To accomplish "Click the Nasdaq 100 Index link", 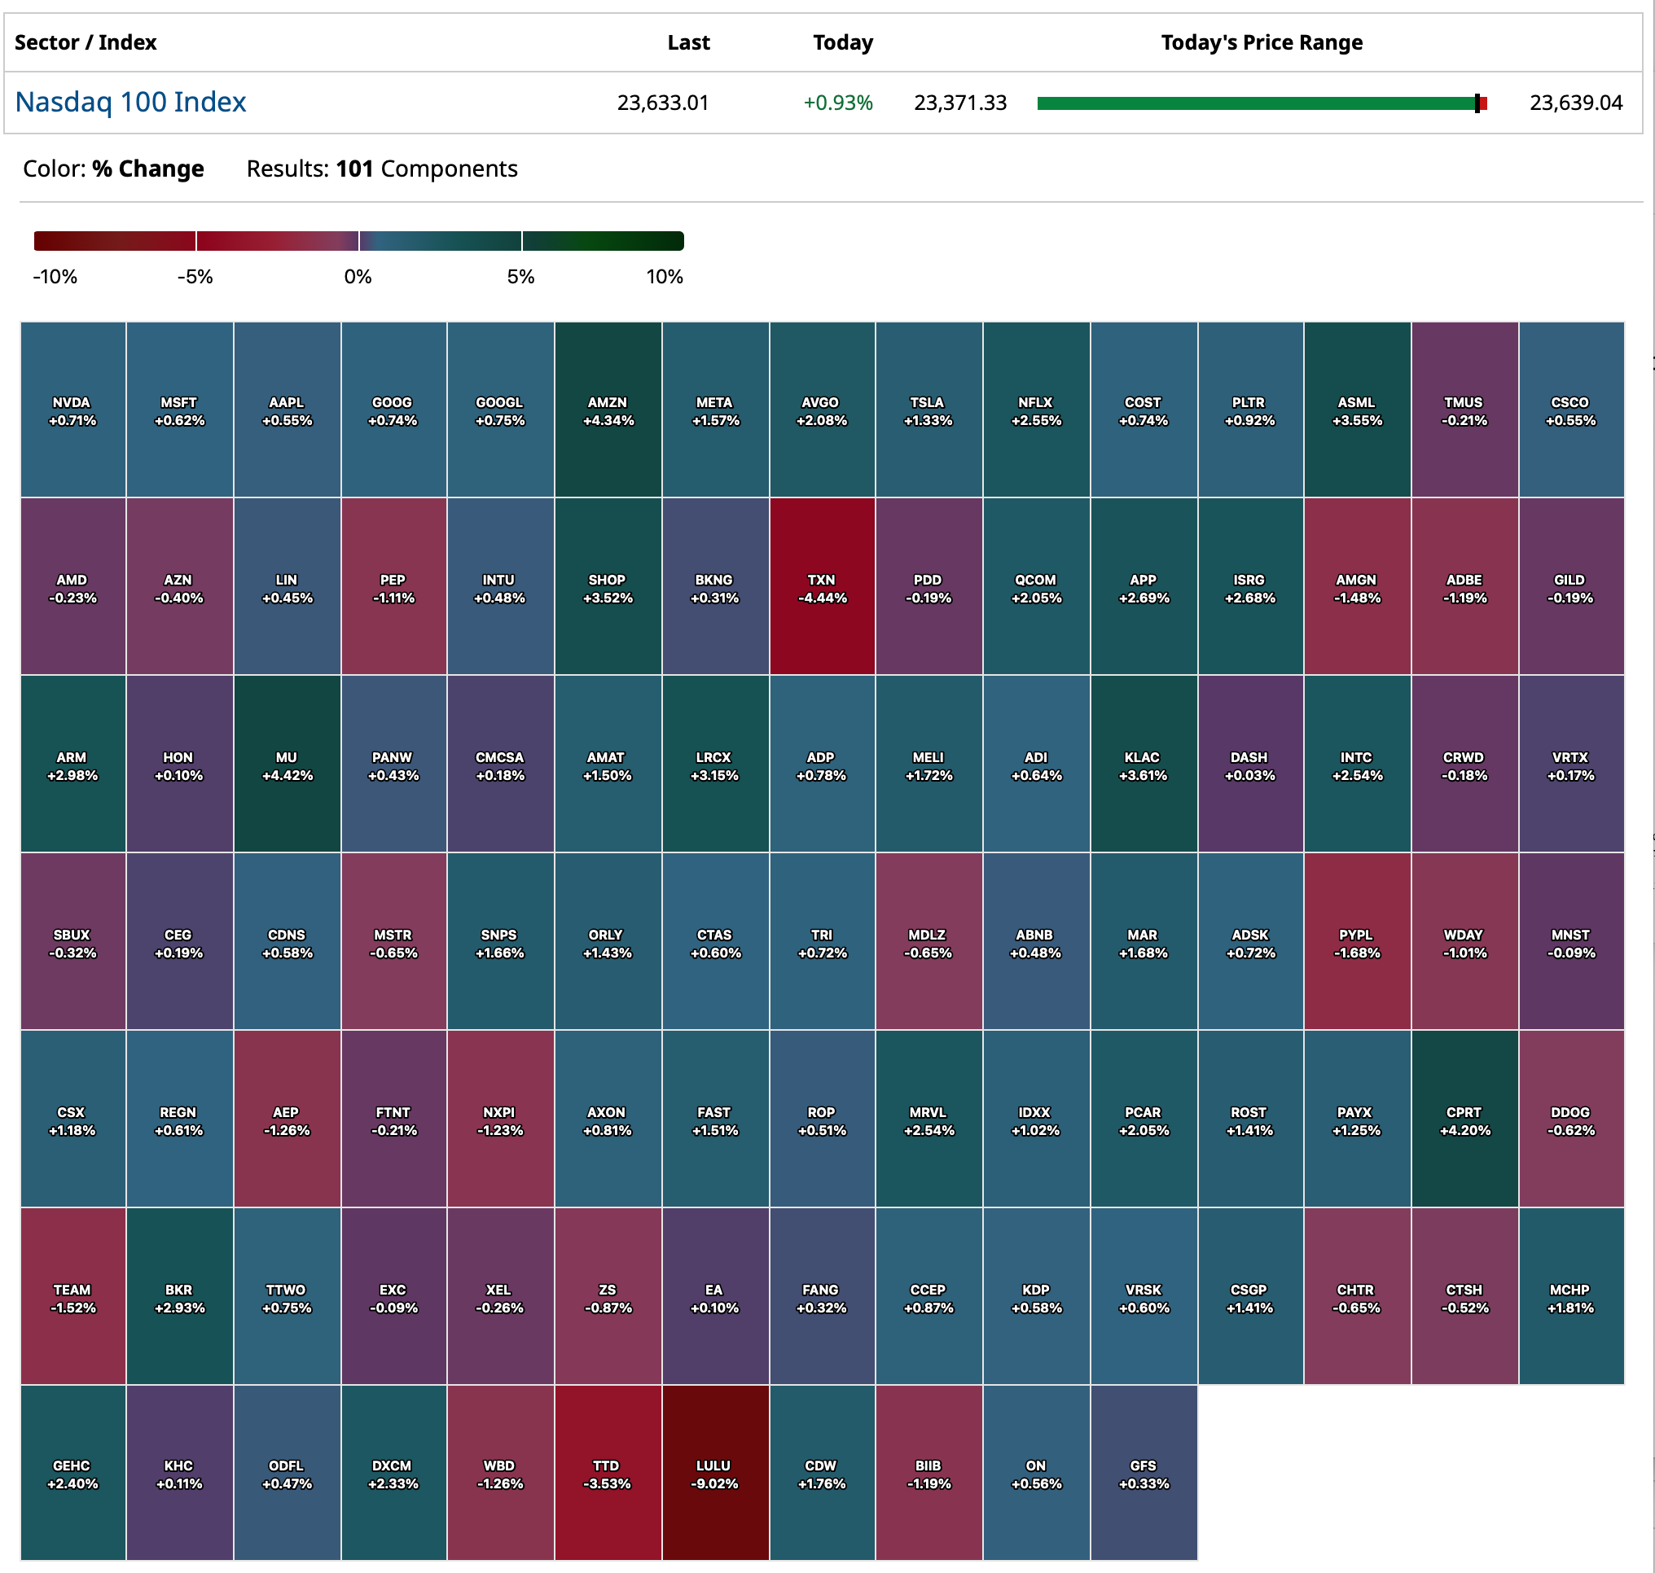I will (130, 103).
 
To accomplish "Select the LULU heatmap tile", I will (714, 1473).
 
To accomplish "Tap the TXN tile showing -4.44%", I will (822, 587).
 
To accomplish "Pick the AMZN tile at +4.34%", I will (608, 410).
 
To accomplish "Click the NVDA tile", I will (73, 410).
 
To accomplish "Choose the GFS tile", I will (1144, 1473).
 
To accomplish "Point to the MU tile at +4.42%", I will (287, 765).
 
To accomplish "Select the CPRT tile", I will (1464, 1120).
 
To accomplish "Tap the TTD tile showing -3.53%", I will (608, 1473).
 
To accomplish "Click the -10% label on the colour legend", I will (55, 277).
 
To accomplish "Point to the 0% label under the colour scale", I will (358, 277).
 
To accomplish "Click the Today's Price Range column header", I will (1262, 43).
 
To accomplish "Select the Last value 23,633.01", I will (663, 103).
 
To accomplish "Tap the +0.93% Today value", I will (838, 103).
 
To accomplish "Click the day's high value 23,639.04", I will (1575, 103).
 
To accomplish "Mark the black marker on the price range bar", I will (1477, 103).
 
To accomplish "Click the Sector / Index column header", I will (86, 43).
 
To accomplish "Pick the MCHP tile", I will (1570, 1296).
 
